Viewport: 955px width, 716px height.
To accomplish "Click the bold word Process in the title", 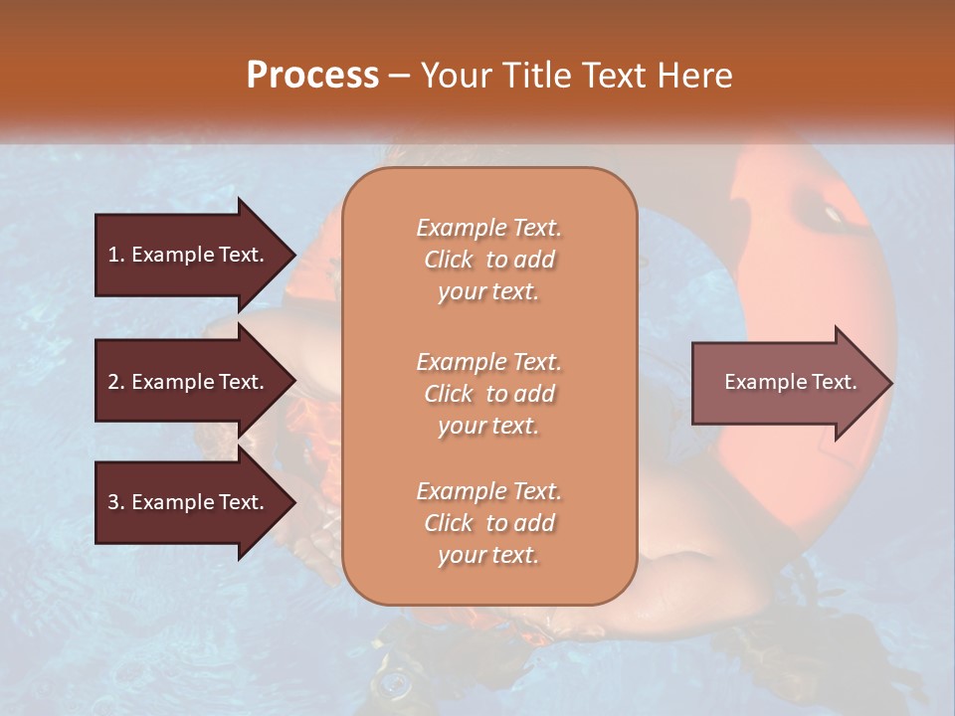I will click(312, 76).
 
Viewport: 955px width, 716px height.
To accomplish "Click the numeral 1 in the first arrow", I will click(113, 255).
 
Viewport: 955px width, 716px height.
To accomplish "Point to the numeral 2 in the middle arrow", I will click(113, 382).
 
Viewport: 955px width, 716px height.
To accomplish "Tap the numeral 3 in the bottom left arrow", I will click(113, 502).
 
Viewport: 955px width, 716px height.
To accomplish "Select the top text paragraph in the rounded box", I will click(488, 260).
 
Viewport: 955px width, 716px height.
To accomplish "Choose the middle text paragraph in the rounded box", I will click(488, 394).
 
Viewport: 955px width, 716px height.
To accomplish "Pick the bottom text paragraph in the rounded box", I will click(488, 523).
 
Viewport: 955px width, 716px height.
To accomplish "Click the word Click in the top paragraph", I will click(449, 260).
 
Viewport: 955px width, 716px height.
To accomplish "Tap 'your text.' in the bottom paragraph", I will click(488, 555).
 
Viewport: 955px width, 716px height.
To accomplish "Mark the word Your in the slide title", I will click(456, 76).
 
